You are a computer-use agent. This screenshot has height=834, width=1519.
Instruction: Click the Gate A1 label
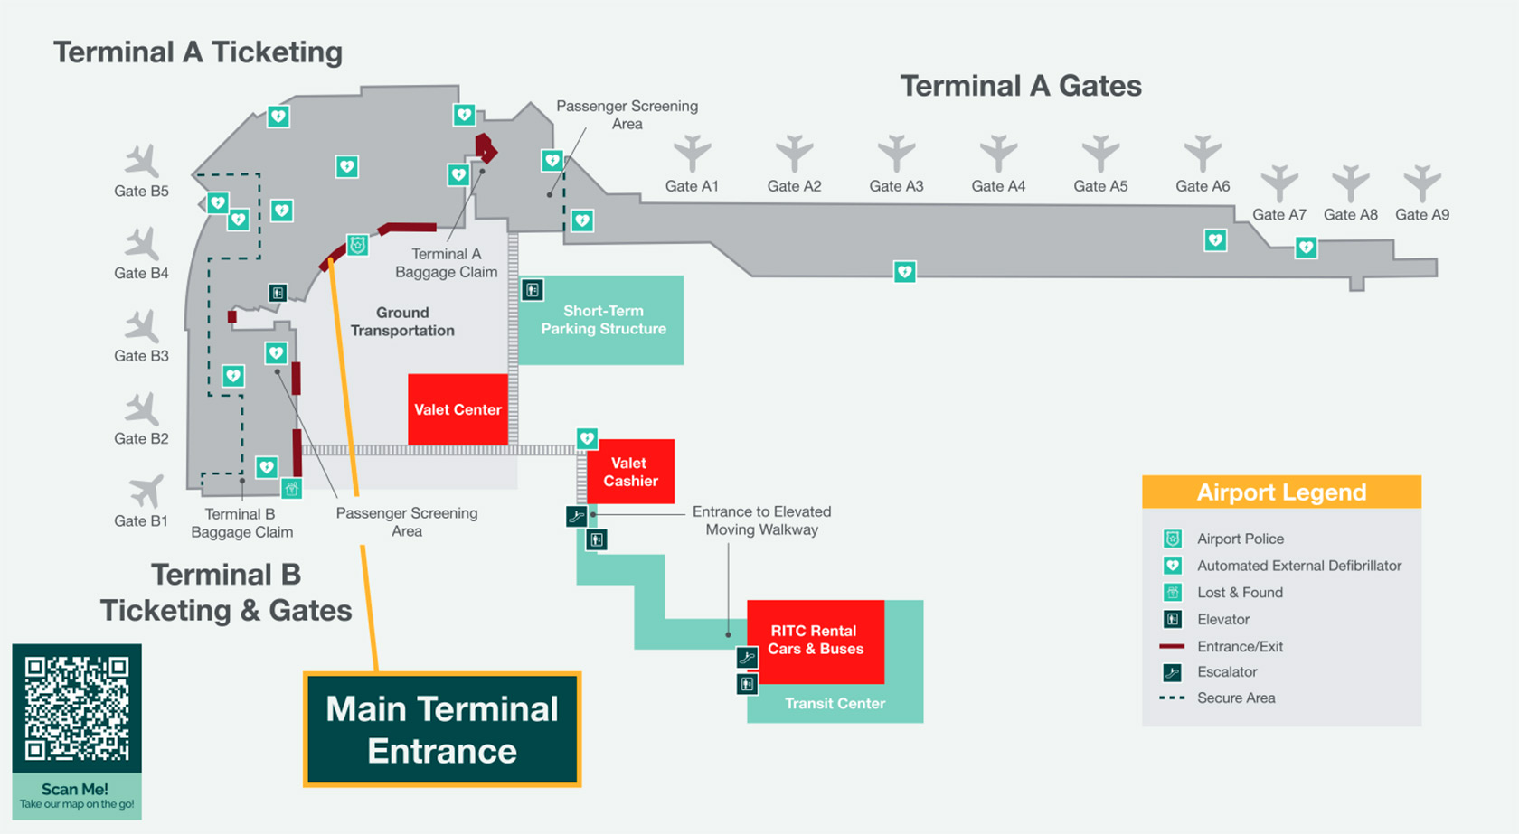[692, 186]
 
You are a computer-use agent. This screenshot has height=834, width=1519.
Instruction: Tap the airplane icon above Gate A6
[1203, 153]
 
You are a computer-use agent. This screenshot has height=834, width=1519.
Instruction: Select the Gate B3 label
[141, 356]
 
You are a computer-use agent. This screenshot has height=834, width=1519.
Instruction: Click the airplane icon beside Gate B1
[145, 492]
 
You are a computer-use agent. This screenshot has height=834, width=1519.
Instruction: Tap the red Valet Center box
[458, 409]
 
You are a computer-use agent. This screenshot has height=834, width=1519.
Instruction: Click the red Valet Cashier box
[630, 472]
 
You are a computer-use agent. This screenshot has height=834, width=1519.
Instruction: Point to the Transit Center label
[835, 704]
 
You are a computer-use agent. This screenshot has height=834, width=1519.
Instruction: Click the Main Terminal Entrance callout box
[442, 730]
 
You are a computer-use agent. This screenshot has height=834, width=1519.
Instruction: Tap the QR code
[77, 707]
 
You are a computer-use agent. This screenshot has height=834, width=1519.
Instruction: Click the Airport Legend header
[1281, 492]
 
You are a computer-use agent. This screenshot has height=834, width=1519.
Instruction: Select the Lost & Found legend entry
[1240, 593]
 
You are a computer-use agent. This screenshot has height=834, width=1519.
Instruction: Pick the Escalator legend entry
[1227, 672]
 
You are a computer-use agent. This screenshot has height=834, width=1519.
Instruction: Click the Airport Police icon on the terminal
[358, 245]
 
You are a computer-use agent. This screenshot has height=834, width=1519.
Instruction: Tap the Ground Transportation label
[402, 322]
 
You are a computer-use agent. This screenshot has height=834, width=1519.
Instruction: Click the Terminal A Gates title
[1021, 86]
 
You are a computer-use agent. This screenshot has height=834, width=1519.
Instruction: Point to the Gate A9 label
[1421, 215]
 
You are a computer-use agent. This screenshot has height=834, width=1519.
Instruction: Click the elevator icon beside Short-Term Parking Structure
[533, 290]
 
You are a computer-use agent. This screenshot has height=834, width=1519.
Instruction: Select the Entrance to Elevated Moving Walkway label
[761, 520]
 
